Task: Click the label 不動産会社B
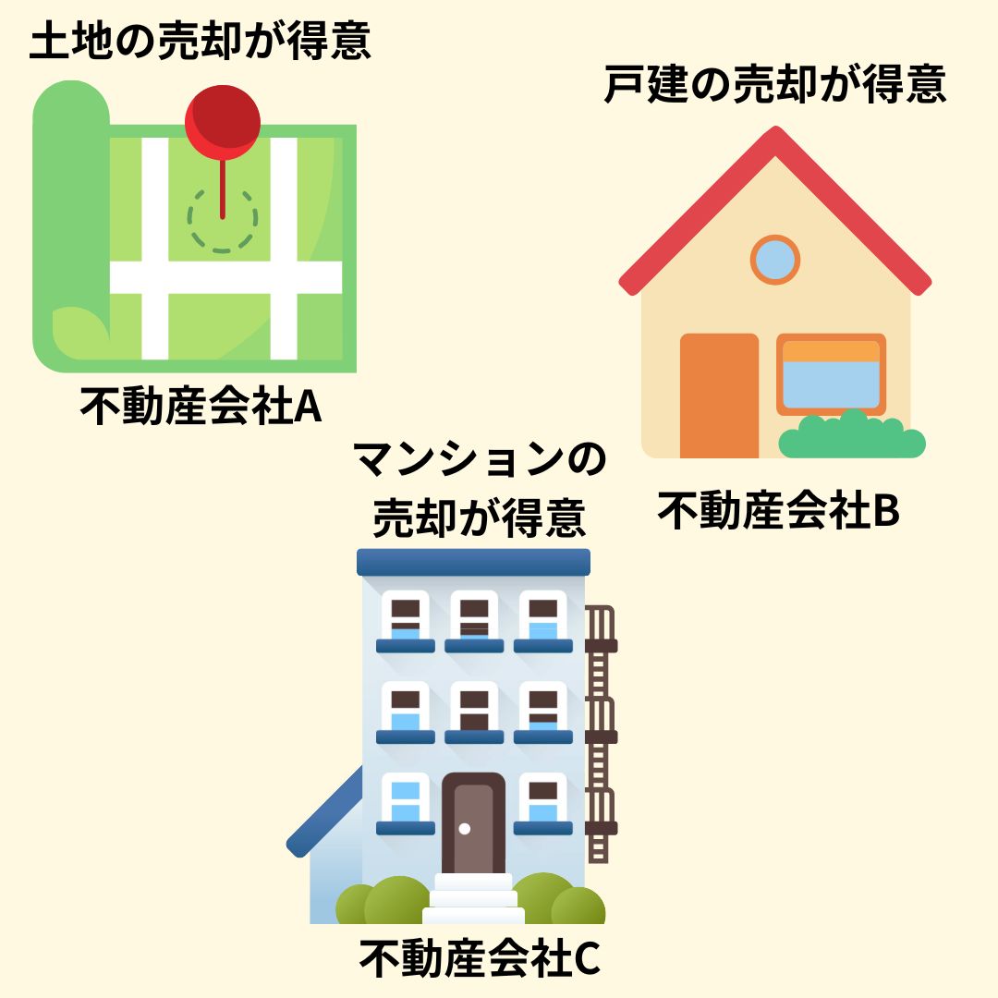click(x=778, y=511)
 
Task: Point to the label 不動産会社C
click(x=480, y=959)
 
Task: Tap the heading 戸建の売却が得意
click(x=775, y=86)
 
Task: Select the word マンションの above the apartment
click(x=480, y=459)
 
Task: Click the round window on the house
click(x=774, y=260)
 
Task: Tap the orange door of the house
click(x=719, y=395)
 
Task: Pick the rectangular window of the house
click(x=831, y=374)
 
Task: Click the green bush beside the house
click(x=851, y=438)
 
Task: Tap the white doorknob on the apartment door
click(x=464, y=828)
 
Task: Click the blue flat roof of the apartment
click(x=473, y=561)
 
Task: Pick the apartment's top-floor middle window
click(x=473, y=616)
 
